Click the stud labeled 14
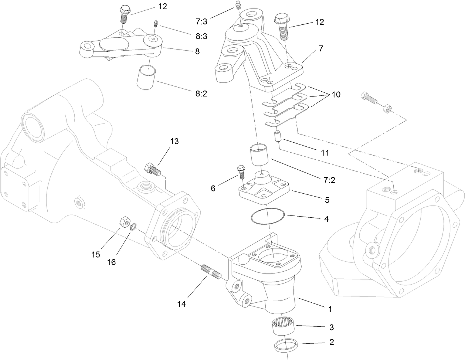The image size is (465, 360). pos(211,272)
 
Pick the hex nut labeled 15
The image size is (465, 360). pos(124,223)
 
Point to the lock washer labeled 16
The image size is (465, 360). pos(133,225)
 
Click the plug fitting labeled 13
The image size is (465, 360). pos(153,169)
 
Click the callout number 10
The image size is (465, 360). pos(336,95)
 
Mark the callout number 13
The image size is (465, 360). pos(174,141)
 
